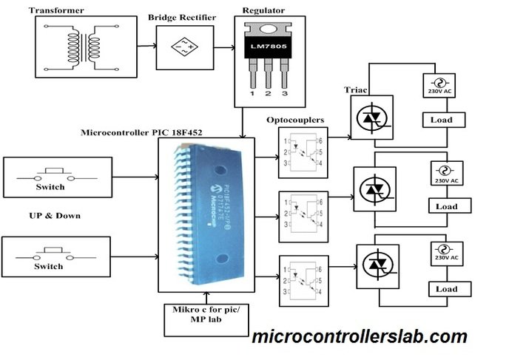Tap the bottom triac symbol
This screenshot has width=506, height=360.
pyautogui.click(x=381, y=263)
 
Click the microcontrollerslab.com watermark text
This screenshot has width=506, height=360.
pyautogui.click(x=359, y=337)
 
